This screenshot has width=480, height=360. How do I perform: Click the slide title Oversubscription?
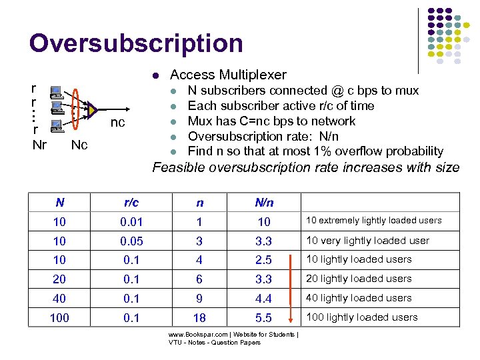136,43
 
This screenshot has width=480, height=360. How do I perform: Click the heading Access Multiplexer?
228,75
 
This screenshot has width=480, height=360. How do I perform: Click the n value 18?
199,318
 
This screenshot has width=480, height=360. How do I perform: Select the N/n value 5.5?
264,318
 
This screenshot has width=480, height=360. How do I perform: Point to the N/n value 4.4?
264,299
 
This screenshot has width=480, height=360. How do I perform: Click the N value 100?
59,318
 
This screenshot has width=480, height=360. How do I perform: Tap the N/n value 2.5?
264,260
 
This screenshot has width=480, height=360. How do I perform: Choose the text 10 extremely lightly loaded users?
373,221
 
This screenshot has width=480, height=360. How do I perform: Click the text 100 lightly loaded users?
362,317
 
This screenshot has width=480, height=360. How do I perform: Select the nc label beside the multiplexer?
117,123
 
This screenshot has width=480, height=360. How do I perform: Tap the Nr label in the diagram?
39,144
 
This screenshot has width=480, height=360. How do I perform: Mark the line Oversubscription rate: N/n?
271,136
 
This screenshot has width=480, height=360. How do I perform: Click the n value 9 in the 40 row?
199,299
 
